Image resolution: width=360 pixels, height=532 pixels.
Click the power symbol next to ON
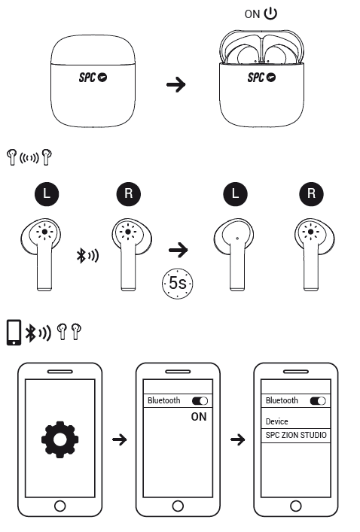click(270, 14)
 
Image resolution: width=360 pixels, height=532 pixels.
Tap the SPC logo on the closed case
click(93, 78)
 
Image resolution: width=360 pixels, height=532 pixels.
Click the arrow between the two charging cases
click(176, 84)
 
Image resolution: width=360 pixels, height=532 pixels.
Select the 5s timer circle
click(177, 284)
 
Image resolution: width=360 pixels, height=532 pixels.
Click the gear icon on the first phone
click(59, 439)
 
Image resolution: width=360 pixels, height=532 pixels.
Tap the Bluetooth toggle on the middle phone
click(200, 401)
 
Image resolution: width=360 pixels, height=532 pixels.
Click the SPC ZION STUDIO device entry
click(296, 435)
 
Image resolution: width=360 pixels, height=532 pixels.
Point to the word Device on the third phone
click(277, 421)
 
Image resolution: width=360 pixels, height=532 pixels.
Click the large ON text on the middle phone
click(199, 417)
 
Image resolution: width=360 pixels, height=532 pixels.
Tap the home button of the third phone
click(296, 506)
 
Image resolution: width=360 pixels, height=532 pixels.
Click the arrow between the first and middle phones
click(119, 439)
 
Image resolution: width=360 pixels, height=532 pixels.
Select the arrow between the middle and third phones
click(237, 439)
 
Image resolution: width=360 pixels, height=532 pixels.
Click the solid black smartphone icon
click(14, 333)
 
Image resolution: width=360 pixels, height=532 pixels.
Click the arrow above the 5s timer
click(178, 250)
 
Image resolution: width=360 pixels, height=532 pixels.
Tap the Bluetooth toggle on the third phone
click(318, 401)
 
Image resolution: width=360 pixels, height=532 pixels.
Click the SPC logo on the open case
click(261, 78)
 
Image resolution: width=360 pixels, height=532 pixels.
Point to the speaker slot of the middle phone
click(178, 372)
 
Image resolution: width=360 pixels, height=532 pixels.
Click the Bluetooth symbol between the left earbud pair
click(81, 256)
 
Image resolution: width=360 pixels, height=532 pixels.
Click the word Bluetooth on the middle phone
click(163, 401)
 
